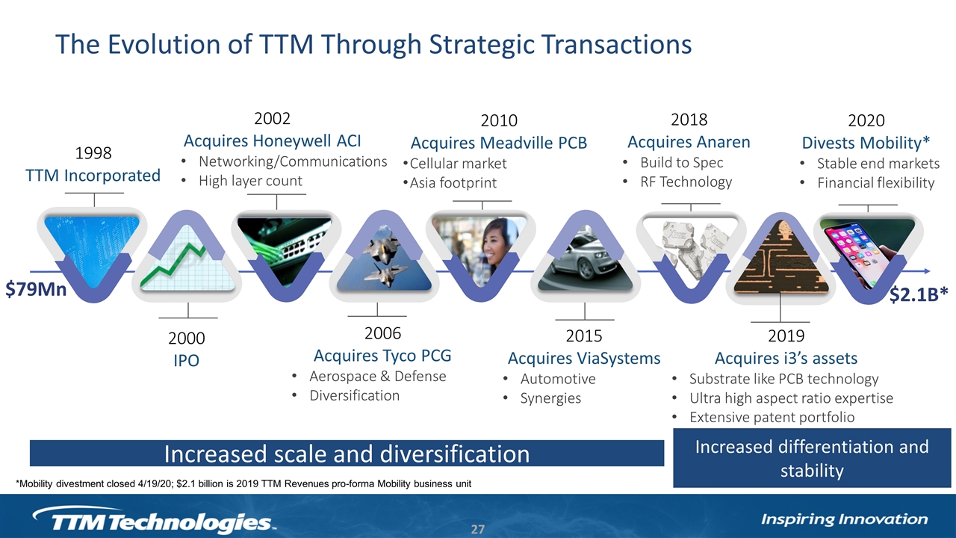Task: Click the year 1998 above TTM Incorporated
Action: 93,153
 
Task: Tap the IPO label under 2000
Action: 186,361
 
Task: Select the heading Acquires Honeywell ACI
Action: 273,141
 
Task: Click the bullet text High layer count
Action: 250,181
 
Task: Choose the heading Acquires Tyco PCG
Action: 382,356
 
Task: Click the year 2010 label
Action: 499,121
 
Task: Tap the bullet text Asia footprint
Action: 453,183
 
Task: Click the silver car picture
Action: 585,262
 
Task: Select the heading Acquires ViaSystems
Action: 584,358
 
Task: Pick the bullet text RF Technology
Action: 686,182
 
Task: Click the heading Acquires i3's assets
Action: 786,358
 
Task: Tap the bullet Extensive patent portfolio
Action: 772,417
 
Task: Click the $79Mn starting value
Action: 36,289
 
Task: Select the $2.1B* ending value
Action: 919,294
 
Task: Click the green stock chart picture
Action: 187,262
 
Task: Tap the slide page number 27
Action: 477,530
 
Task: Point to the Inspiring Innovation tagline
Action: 844,519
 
